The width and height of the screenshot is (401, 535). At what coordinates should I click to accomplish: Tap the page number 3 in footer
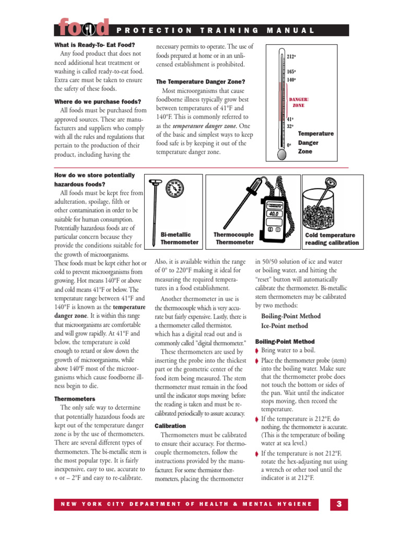tap(339, 504)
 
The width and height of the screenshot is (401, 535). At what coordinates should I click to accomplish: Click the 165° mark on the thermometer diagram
tap(291, 72)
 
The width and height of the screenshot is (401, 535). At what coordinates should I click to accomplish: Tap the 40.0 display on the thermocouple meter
tap(274, 214)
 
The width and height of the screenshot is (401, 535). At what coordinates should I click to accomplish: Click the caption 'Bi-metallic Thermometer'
tap(179, 239)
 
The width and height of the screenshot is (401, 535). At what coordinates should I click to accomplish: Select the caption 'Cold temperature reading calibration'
tap(332, 239)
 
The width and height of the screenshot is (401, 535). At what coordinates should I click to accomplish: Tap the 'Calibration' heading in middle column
tap(171, 426)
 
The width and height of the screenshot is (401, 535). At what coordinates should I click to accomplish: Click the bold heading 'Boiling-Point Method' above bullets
tap(291, 316)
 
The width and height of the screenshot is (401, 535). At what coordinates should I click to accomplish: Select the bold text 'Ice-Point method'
tap(285, 326)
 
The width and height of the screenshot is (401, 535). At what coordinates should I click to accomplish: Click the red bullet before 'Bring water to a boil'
tap(257, 351)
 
